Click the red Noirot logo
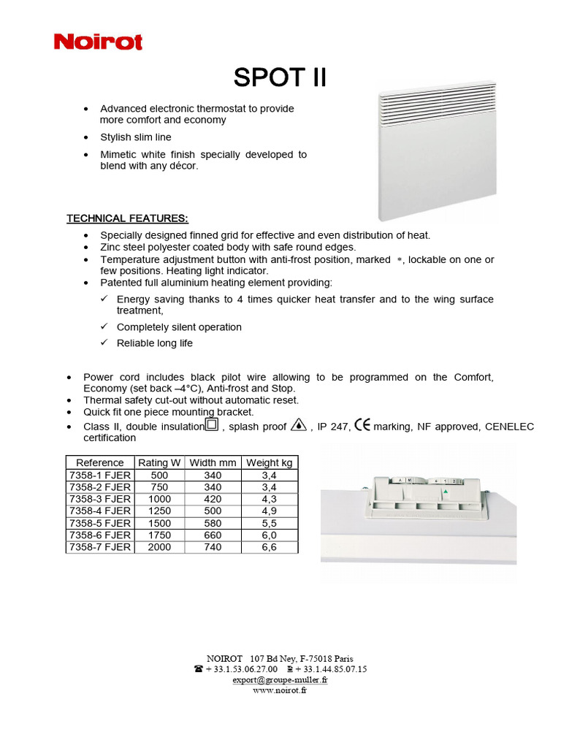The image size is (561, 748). click(98, 42)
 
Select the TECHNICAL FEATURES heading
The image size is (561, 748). click(127, 218)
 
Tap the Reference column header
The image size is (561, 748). click(100, 462)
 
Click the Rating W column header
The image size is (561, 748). click(159, 462)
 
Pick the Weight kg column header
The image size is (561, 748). click(269, 462)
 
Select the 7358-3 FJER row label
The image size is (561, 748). click(100, 499)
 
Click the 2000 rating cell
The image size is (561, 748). click(159, 547)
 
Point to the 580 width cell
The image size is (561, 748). click(213, 524)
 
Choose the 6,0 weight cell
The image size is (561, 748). click(269, 535)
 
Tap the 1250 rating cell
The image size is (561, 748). click(159, 511)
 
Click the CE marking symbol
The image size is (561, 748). click(362, 425)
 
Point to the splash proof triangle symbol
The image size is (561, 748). click(298, 425)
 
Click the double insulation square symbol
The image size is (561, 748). click(212, 425)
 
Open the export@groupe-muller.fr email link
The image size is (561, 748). click(280, 679)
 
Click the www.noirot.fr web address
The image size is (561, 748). click(280, 690)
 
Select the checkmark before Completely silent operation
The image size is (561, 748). click(104, 327)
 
